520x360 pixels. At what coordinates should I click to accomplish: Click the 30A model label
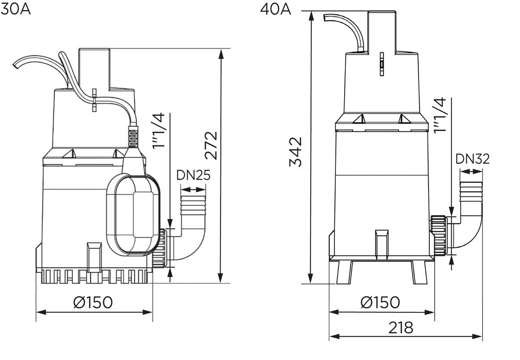pyautogui.click(x=15, y=9)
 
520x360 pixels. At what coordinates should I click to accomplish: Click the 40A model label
pyautogui.click(x=275, y=10)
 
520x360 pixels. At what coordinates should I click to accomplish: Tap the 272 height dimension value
pyautogui.click(x=211, y=146)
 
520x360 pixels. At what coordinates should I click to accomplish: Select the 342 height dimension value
pyautogui.click(x=296, y=152)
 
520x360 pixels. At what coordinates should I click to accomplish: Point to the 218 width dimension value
pyautogui.click(x=401, y=328)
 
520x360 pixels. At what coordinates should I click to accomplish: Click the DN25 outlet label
pyautogui.click(x=193, y=175)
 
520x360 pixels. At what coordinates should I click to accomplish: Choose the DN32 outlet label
pyautogui.click(x=472, y=159)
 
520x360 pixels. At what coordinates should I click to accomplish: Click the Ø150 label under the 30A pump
pyautogui.click(x=93, y=302)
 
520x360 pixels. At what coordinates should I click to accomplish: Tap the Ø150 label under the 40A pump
pyautogui.click(x=380, y=302)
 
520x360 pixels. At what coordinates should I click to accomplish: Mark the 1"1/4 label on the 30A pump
pyautogui.click(x=159, y=131)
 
